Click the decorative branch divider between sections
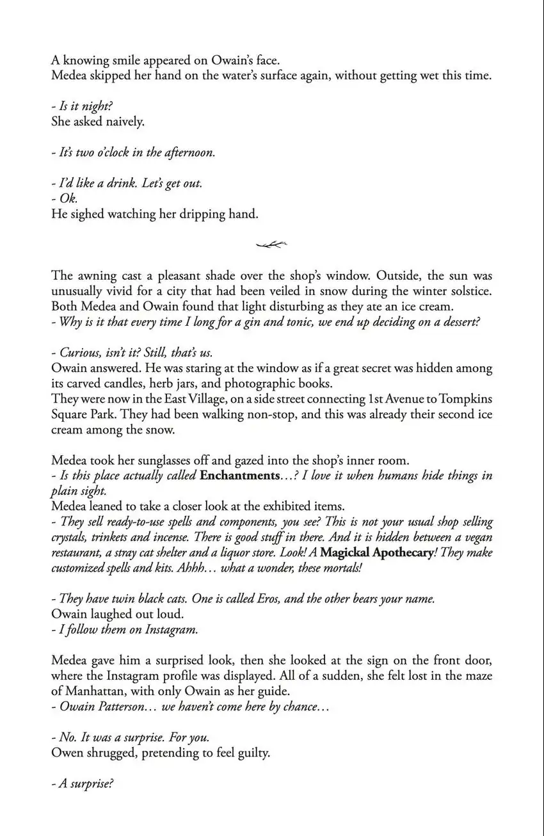pyautogui.click(x=271, y=244)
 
